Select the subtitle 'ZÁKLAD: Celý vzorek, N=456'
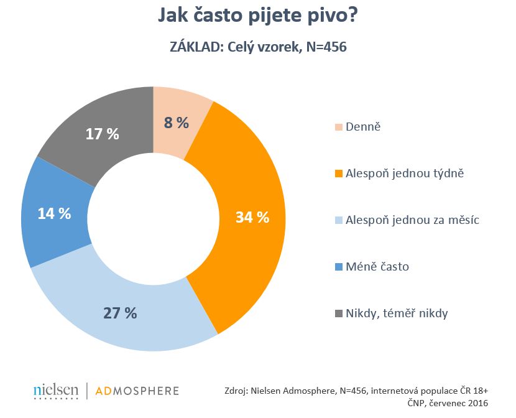click(258, 47)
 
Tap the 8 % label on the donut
click(175, 123)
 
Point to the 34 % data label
click(252, 217)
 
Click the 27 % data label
click(119, 313)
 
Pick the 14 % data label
click(54, 213)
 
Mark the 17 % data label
click(102, 133)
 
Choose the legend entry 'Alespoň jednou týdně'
click(403, 174)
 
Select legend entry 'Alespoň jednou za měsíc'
click(411, 220)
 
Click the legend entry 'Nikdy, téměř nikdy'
click(396, 313)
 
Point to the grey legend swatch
click(338, 313)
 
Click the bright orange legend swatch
click(338, 174)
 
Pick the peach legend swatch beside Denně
click(338, 127)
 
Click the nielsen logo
click(56, 391)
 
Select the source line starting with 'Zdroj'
click(356, 391)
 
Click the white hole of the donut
click(153, 218)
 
